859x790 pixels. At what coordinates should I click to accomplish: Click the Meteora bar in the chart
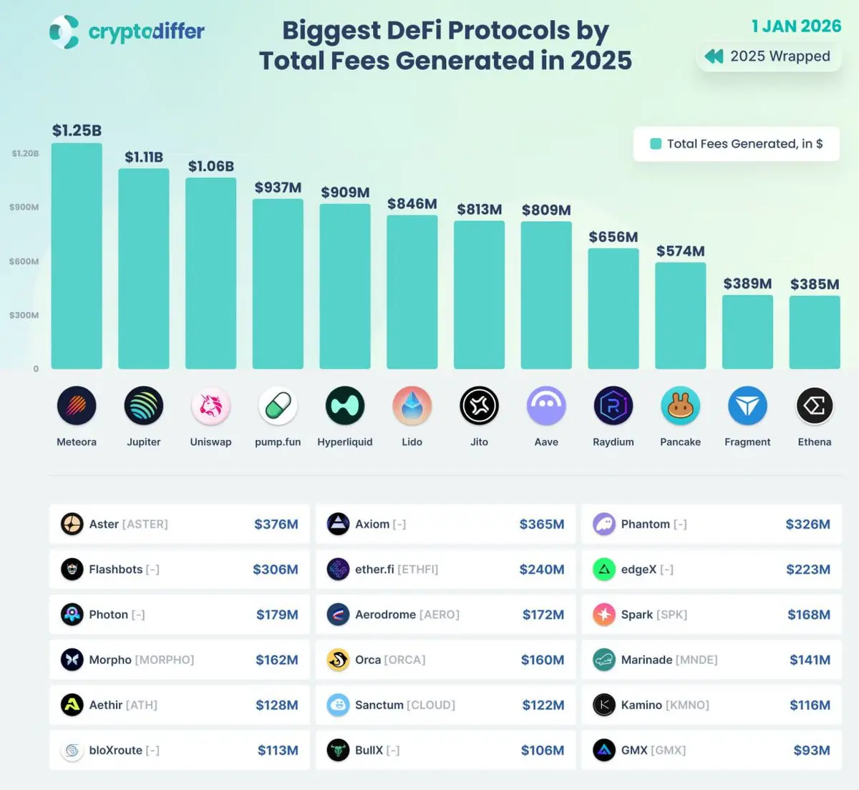tap(77, 256)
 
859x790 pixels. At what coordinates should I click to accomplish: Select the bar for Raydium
tap(613, 308)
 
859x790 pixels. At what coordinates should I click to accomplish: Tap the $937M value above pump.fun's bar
tap(278, 187)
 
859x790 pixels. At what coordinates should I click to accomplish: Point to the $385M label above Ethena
tap(815, 284)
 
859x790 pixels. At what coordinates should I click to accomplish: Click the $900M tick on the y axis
tap(24, 208)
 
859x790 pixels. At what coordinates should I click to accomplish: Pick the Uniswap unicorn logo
tap(210, 406)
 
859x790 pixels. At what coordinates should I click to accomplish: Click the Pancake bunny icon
tap(680, 406)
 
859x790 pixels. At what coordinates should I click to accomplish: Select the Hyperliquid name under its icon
tap(345, 442)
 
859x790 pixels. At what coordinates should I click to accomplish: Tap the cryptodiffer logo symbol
tap(64, 32)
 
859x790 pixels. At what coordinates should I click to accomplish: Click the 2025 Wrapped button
tap(768, 57)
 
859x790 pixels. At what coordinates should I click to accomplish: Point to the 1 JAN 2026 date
tap(796, 26)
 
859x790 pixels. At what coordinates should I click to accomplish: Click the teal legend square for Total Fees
tap(655, 144)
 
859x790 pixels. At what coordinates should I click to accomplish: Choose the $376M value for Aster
tap(276, 525)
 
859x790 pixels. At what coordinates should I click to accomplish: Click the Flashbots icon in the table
tap(72, 570)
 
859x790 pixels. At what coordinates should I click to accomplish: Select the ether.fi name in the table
tap(374, 570)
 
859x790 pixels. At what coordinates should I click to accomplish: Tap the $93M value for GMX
tap(811, 751)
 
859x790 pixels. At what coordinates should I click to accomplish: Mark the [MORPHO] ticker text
tap(165, 660)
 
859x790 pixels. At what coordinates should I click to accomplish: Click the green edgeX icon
tap(604, 570)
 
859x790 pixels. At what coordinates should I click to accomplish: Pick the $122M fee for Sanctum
tap(543, 706)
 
